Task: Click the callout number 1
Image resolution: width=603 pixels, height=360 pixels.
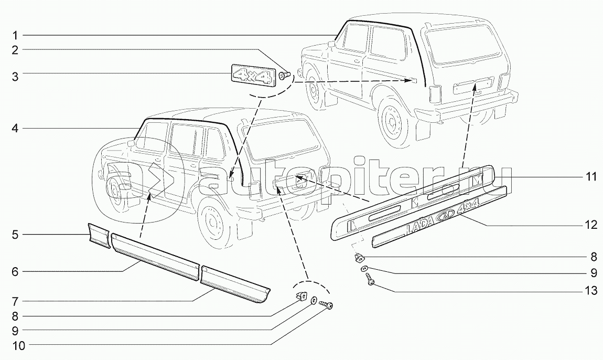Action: coord(15,35)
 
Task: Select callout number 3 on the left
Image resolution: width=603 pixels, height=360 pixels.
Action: coord(15,77)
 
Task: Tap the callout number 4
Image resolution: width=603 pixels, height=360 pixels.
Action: coord(15,128)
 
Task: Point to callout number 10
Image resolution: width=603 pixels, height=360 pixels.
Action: coord(15,345)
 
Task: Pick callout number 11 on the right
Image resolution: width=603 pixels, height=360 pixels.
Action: coord(591,177)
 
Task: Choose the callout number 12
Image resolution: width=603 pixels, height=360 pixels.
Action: coord(591,225)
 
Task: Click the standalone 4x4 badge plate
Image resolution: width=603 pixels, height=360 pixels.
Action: coord(252,73)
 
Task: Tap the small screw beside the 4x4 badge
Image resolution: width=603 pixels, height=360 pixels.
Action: coord(285,76)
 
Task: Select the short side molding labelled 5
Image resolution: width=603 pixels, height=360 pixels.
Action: coord(98,235)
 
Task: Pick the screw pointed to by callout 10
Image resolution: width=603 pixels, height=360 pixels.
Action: coord(328,305)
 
